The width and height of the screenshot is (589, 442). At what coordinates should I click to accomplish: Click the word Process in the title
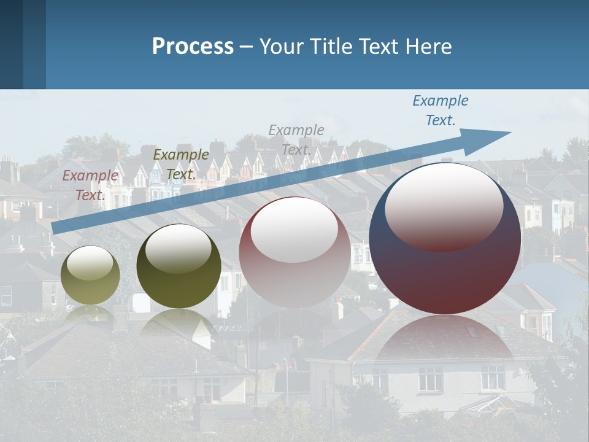[193, 47]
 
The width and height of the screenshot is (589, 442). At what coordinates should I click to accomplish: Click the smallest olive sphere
[91, 275]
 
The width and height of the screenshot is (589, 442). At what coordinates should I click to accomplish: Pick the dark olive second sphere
[179, 266]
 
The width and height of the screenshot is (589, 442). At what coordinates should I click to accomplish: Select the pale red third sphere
[294, 252]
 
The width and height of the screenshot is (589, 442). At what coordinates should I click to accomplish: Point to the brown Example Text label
[90, 185]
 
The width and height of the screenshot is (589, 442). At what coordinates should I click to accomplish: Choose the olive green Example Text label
[181, 165]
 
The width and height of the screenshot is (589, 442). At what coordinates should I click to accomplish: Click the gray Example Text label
[296, 139]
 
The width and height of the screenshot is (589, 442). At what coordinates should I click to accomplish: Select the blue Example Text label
[441, 110]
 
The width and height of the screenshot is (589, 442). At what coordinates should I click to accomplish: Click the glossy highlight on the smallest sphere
[90, 265]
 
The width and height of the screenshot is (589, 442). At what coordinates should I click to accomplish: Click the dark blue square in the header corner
[12, 44]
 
